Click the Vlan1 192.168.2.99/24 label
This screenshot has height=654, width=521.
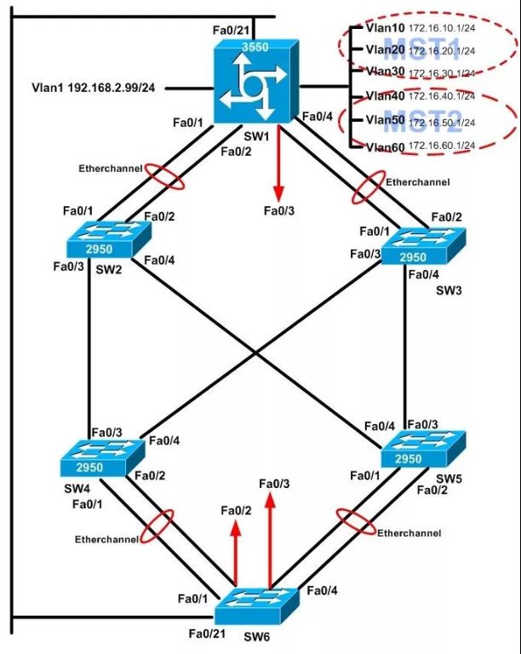pyautogui.click(x=94, y=87)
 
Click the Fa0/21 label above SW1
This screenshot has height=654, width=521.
pyautogui.click(x=231, y=30)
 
